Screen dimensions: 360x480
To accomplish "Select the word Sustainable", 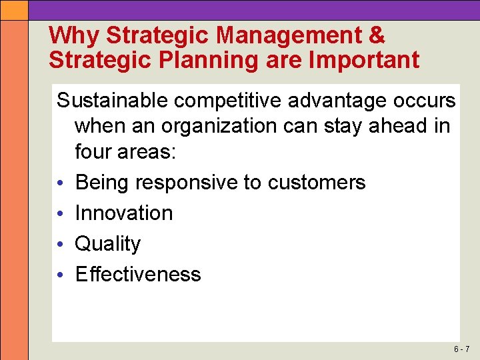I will coord(113,101).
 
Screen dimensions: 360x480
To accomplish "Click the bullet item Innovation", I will coord(124,213).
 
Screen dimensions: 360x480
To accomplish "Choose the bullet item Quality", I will coord(108,244).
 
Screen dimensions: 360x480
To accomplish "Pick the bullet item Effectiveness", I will coord(138,274).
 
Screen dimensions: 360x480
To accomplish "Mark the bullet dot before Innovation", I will coord(61,214).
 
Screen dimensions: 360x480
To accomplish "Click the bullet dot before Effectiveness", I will coord(61,275).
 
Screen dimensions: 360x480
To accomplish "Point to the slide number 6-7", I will coord(461,349).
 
